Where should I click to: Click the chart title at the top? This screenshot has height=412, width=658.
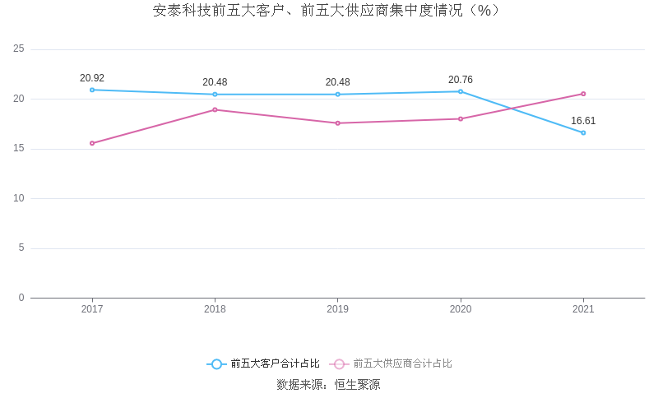pos(327,11)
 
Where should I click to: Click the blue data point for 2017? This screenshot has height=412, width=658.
pos(92,90)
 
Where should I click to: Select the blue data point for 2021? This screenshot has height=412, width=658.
pos(583,132)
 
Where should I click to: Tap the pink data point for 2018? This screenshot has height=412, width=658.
pos(215,109)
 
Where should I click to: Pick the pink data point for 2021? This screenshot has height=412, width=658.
pos(583,94)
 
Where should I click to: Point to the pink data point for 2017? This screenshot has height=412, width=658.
pos(92,143)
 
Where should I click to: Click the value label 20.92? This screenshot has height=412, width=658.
pos(92,78)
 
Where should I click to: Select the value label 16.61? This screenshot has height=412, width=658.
pos(583,121)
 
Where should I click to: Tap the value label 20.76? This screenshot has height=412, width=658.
pos(461,80)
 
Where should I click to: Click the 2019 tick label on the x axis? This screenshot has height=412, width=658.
pos(337,309)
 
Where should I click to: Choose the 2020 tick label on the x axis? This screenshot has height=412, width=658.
pos(461,309)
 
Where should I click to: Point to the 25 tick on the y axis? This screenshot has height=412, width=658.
pos(19,49)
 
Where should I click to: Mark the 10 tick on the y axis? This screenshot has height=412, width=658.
pos(19,198)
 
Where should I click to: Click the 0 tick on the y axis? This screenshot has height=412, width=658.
pos(21,298)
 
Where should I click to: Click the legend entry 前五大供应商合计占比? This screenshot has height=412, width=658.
pos(392,363)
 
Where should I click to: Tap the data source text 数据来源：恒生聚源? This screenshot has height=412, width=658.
pos(328,384)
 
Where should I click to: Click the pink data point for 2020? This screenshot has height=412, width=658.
pos(461,118)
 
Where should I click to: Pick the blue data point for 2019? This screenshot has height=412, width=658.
pos(337,95)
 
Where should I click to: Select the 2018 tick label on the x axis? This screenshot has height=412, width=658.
pos(215,309)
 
